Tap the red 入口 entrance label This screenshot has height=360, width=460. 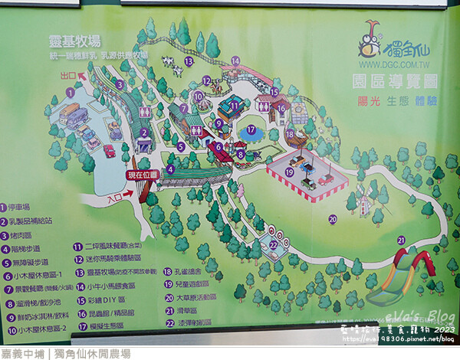click(116, 198)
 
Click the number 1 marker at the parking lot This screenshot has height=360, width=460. click(70, 92)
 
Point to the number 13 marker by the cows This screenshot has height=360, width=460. click(189, 61)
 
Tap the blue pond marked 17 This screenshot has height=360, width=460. click(251, 131)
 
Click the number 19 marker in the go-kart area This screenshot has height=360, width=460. click(290, 172)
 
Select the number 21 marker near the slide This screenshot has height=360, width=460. click(400, 240)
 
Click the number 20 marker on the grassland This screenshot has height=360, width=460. click(333, 218)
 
